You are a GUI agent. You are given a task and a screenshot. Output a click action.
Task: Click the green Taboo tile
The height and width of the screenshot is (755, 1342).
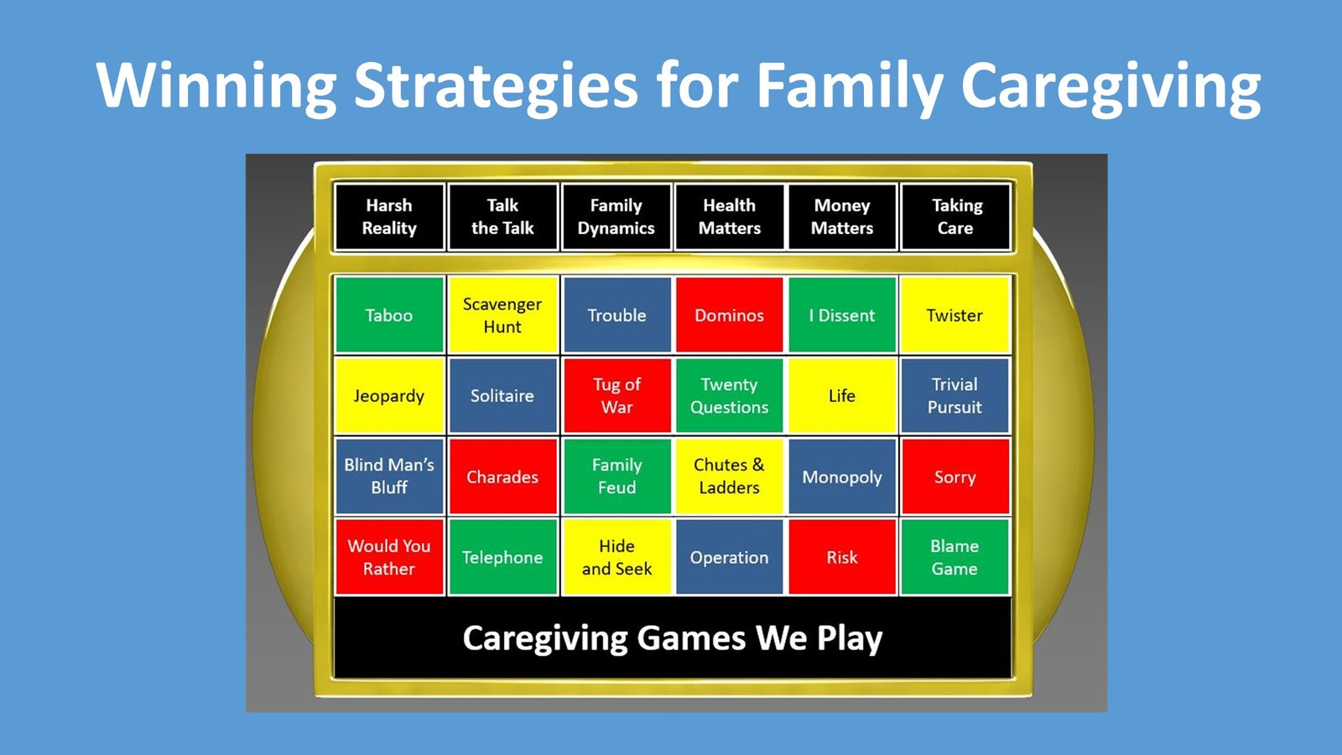click(389, 315)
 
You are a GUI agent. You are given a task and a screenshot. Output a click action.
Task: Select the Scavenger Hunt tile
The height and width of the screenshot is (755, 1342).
click(502, 315)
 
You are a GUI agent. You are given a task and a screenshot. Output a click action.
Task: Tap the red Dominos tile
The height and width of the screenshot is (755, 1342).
click(729, 315)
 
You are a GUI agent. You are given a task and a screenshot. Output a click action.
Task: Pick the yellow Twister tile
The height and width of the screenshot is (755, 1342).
click(955, 315)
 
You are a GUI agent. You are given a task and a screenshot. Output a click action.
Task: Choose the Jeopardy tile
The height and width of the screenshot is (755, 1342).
click(389, 395)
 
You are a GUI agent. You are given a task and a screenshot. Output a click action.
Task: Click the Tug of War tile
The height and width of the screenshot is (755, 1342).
click(617, 395)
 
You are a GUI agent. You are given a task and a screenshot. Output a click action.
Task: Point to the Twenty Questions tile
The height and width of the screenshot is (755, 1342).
click(729, 395)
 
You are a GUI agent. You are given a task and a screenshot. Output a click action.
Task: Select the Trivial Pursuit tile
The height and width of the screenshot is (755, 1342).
click(955, 395)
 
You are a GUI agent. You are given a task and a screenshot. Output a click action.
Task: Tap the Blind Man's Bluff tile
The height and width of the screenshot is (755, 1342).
click(389, 476)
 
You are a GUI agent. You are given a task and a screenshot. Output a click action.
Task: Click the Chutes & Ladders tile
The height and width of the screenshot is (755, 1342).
click(729, 476)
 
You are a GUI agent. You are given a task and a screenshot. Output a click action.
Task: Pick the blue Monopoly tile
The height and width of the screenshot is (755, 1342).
click(842, 476)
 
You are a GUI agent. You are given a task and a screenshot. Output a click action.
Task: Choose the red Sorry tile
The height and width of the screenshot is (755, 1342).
click(955, 476)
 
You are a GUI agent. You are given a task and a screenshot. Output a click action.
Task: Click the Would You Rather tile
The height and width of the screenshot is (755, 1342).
click(389, 557)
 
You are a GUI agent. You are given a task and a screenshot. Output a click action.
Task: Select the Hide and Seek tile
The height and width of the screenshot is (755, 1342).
click(617, 557)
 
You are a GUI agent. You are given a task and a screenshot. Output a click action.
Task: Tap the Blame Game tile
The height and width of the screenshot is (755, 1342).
click(955, 557)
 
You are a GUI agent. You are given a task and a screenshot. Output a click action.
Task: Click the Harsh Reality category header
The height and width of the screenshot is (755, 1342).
click(389, 217)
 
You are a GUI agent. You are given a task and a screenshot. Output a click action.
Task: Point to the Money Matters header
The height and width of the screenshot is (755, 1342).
click(842, 217)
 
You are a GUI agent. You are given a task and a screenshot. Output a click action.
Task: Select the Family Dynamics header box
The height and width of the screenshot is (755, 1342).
click(616, 217)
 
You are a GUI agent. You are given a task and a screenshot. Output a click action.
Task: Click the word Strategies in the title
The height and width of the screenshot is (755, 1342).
click(496, 86)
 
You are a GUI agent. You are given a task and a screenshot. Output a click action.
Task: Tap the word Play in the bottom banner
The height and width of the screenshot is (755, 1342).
click(850, 638)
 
